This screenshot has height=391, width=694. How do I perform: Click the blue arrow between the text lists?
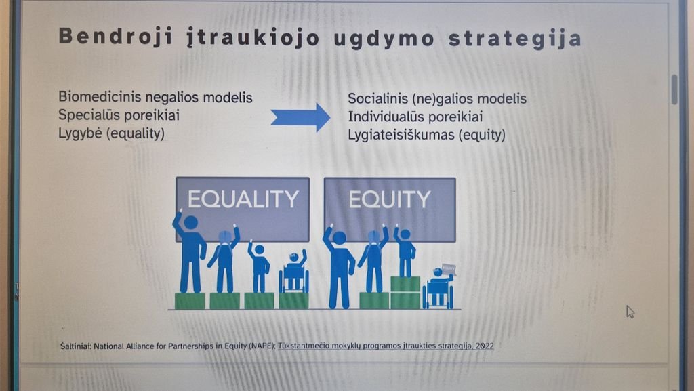click(x=300, y=118)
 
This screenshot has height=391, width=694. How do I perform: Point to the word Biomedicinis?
click(x=100, y=97)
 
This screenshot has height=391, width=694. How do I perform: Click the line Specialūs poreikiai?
click(x=119, y=115)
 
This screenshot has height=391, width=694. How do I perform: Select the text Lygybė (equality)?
click(x=112, y=133)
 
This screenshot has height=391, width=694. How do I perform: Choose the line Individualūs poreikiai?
click(x=415, y=117)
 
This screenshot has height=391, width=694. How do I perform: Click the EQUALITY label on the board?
click(x=243, y=199)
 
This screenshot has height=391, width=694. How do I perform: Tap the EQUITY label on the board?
click(x=390, y=199)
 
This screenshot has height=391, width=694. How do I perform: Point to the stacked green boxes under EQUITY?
click(x=405, y=292)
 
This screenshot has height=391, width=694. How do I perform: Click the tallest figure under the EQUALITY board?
click(x=190, y=251)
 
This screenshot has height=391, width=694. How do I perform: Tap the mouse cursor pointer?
click(x=630, y=312)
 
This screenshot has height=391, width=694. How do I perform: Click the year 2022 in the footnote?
click(x=485, y=346)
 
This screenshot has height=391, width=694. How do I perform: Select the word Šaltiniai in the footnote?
click(x=76, y=346)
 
